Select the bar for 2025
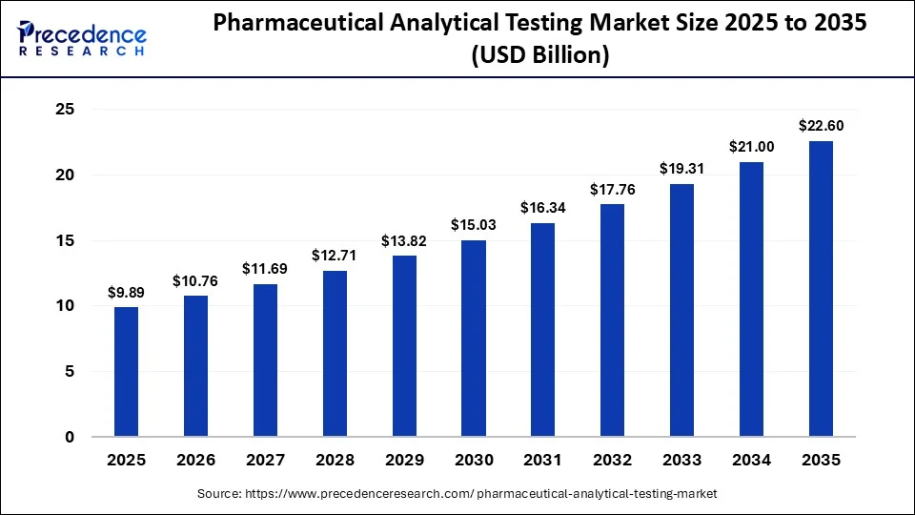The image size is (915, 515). point(126,372)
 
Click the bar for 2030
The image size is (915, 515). point(474,339)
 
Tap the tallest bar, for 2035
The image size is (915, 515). point(821,289)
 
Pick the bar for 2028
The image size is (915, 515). point(335,354)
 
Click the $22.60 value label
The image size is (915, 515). point(821,126)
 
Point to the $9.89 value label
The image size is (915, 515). point(126,293)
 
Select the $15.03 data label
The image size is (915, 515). point(474,225)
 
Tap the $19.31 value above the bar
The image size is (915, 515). point(681,169)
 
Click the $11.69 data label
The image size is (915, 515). point(265,269)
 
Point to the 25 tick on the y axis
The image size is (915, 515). point(66,109)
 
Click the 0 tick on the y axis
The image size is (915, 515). point(70,437)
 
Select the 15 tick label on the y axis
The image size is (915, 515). point(66,240)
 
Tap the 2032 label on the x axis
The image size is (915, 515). point(612,460)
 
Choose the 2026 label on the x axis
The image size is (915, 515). point(195,460)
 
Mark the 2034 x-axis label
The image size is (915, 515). point(752,460)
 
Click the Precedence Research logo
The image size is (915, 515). point(82,38)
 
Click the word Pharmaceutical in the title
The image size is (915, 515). point(298,23)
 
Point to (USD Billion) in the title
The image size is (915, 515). point(540,55)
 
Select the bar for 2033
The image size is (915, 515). point(681,311)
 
